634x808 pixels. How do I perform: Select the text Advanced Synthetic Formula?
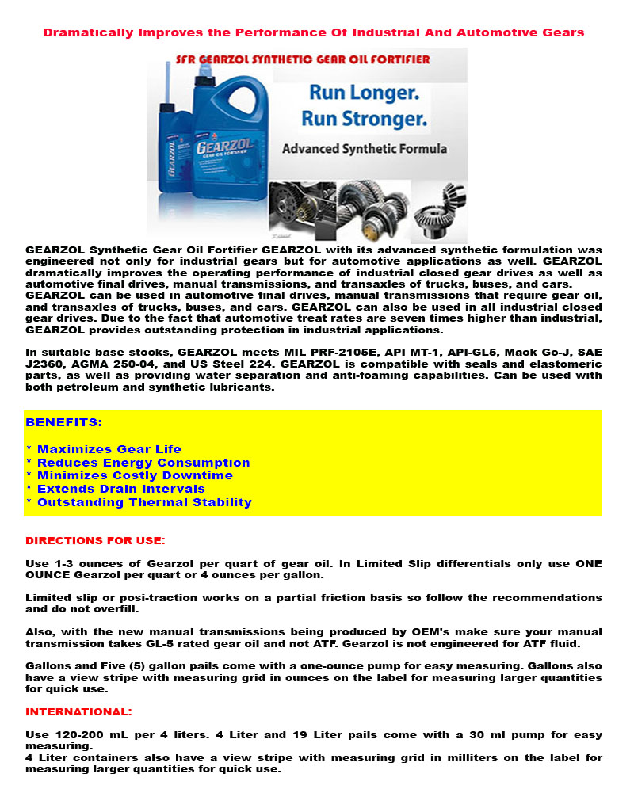(x=364, y=148)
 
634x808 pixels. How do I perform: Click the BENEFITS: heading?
(x=64, y=422)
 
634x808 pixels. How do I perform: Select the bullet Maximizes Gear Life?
(x=109, y=449)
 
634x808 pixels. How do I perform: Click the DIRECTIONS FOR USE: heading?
(x=95, y=540)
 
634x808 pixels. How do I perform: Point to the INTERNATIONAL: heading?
(x=78, y=711)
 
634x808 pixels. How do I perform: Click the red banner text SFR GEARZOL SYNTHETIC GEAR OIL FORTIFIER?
(x=302, y=59)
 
